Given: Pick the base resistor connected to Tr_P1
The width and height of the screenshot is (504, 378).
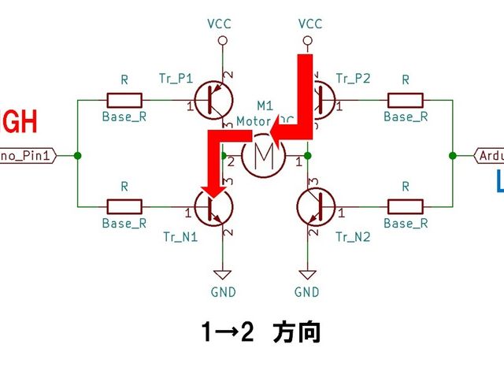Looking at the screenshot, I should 124,101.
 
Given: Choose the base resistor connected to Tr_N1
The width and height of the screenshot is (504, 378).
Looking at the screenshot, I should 124,207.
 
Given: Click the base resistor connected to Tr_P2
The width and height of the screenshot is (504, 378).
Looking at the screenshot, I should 406,101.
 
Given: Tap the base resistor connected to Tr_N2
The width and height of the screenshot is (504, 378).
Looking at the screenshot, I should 406,207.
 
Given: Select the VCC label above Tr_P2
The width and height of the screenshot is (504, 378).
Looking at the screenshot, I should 310,24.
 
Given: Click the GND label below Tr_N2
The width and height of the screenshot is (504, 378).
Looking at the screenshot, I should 306,292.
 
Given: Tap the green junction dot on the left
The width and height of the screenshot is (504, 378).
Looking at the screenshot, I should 77,155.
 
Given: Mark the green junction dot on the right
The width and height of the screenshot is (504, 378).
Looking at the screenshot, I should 452,155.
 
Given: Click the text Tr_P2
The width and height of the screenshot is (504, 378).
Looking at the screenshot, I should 351,78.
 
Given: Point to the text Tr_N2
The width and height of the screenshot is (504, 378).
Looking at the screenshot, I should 351,236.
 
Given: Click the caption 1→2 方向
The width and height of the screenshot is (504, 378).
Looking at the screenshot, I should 260,333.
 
